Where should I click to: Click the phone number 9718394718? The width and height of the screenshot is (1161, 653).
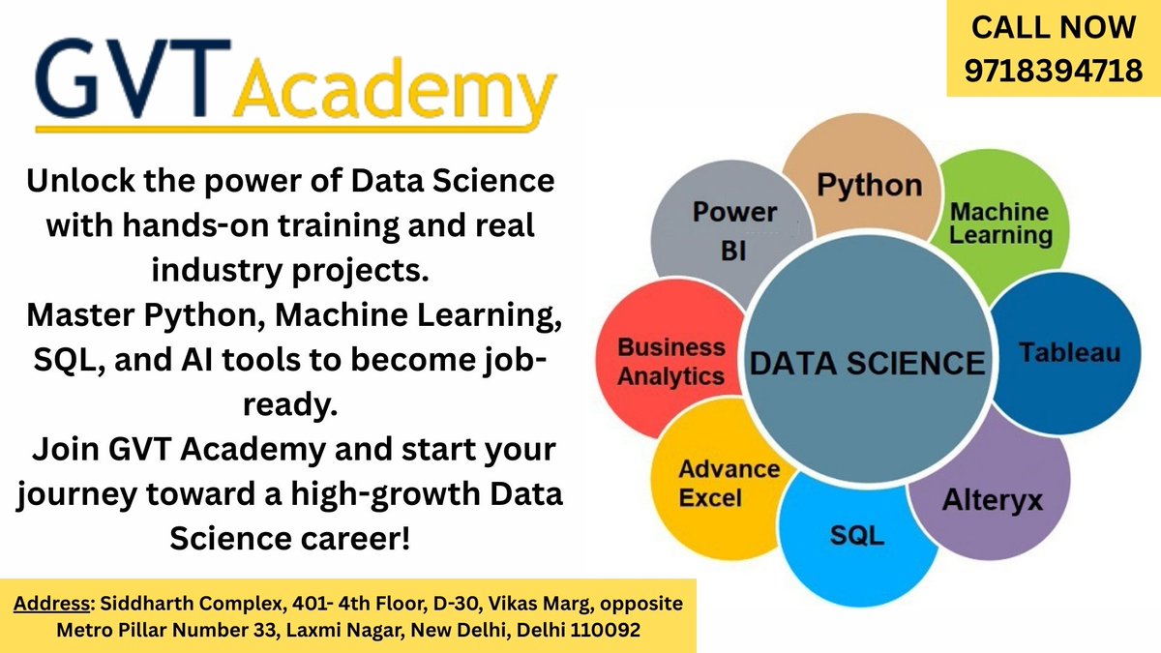(1053, 69)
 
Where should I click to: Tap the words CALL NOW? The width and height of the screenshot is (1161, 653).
(1053, 27)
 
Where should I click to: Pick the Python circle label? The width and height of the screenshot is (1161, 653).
(870, 185)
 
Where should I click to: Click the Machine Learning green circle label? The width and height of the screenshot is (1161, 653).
(1000, 223)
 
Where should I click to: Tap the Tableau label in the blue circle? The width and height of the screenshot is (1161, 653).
(1068, 350)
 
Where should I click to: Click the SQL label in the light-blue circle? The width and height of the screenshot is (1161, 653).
(856, 535)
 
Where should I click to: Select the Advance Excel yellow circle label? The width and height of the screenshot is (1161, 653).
(729, 484)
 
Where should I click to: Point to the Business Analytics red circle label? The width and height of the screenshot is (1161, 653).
(671, 362)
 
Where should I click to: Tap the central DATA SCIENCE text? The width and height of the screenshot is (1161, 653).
(868, 363)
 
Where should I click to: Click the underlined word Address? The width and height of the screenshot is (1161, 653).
(48, 605)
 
